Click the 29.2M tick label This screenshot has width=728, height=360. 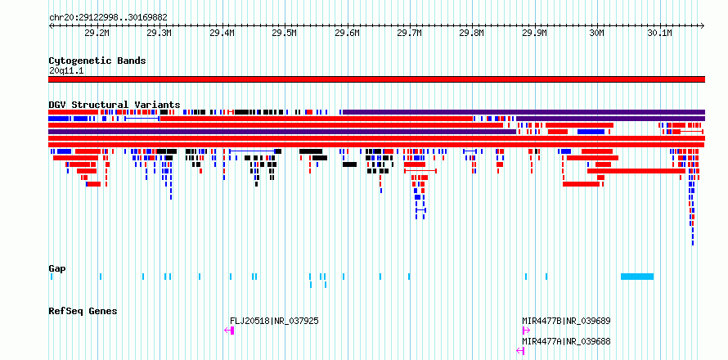tap(97, 33)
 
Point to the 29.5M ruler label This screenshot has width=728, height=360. tap(284, 33)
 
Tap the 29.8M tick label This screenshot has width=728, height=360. tap(472, 33)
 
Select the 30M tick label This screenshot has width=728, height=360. tap(596, 33)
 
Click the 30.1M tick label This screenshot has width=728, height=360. tap(659, 33)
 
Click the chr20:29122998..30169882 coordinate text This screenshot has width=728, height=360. tap(108, 18)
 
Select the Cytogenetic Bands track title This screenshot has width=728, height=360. tap(97, 61)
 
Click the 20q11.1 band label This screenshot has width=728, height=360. tap(66, 71)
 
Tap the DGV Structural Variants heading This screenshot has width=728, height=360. tap(115, 105)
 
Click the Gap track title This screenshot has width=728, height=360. tap(57, 268)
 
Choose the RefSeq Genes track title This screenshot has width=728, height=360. tap(83, 311)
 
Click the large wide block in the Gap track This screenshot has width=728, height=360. tap(637, 277)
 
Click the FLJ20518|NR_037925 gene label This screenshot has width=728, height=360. tap(274, 321)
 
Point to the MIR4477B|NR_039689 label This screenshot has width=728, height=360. tap(566, 321)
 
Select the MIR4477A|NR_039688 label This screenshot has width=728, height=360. tap(566, 342)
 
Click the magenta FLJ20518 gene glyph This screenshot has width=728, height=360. tap(229, 331)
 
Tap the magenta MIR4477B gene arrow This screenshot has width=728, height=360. tap(526, 331)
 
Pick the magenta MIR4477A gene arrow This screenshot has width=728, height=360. tap(520, 351)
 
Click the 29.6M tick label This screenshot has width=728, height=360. tap(347, 33)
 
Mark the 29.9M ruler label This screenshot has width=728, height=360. tap(534, 33)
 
